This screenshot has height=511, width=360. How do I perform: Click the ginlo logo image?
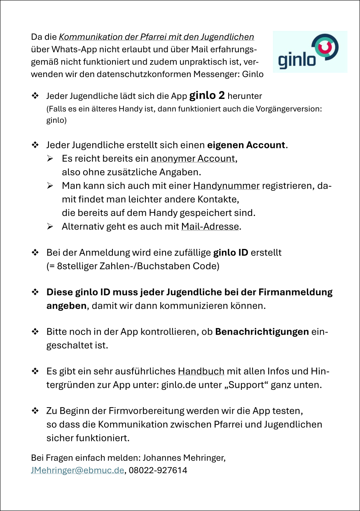coord(310,52)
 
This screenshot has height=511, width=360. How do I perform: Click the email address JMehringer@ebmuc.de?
coord(77,470)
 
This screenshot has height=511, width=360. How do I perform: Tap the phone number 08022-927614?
coord(158,470)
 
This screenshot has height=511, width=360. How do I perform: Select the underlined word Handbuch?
coord(201,371)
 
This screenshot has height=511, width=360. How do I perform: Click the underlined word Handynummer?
coord(226,186)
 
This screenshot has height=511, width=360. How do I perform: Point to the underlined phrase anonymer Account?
coord(193,159)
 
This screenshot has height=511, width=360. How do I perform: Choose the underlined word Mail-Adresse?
coord(210,227)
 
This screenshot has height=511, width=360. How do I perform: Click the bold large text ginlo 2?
coord(207,96)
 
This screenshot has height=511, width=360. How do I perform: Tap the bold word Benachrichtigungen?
coord(262,332)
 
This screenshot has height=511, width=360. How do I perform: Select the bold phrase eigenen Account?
coord(246,145)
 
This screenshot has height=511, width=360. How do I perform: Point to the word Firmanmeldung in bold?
coord(295,293)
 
